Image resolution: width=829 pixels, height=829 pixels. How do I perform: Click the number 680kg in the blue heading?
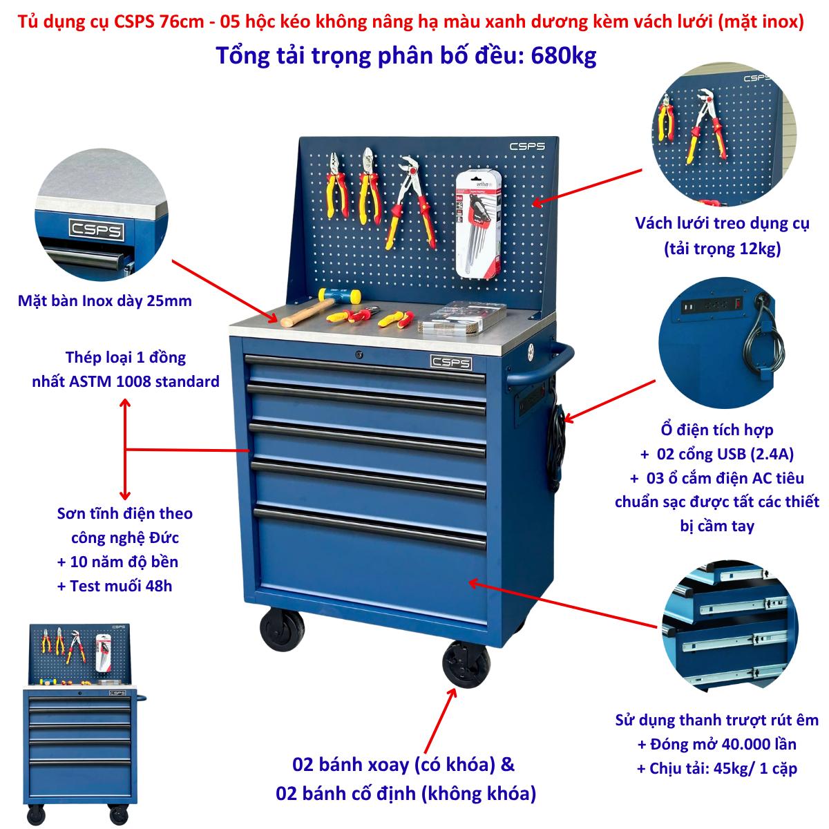(x=563, y=56)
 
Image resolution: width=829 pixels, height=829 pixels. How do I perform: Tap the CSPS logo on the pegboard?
(x=527, y=146)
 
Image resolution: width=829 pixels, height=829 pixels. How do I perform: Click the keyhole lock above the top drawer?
(x=359, y=354)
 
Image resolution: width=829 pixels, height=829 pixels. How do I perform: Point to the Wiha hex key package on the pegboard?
(x=478, y=224)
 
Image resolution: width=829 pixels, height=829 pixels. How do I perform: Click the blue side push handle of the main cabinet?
(x=541, y=364)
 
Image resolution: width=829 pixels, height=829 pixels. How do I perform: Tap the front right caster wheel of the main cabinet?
(x=466, y=664)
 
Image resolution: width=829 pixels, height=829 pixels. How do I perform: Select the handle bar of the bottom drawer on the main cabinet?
(x=370, y=528)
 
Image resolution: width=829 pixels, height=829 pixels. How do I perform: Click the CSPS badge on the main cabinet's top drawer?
(x=451, y=362)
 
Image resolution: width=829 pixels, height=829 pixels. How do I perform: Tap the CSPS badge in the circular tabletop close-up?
(x=97, y=230)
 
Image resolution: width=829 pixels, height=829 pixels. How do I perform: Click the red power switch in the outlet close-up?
(x=739, y=302)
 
